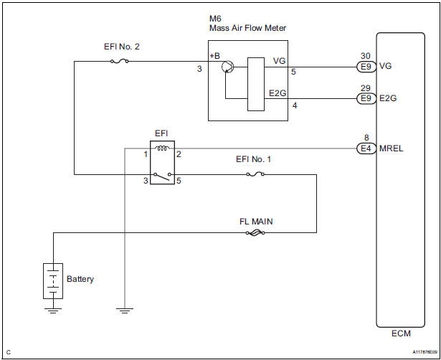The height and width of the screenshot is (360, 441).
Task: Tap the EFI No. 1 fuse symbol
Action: tap(254, 174)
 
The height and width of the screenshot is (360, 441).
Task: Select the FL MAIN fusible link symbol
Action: tap(255, 232)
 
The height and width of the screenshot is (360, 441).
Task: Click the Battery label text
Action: tap(80, 279)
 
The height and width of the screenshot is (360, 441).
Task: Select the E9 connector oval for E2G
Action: tap(366, 99)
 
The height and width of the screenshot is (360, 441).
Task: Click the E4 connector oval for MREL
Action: tap(366, 148)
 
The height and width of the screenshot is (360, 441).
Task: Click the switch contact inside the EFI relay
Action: tap(163, 175)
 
